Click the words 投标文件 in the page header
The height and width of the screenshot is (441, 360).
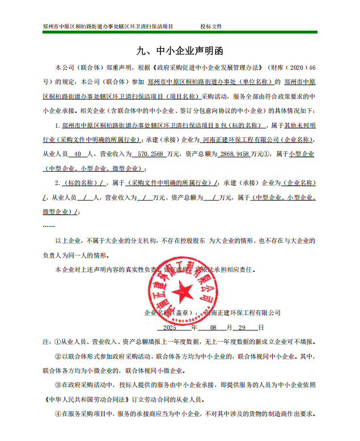tap(210, 27)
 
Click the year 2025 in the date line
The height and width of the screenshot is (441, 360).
tap(170, 327)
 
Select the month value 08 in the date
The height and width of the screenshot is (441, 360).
tap(213, 327)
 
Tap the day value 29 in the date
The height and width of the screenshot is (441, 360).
tap(242, 327)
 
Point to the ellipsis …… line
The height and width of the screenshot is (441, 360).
tap(49, 225)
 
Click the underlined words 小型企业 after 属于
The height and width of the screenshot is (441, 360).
tap(302, 154)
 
